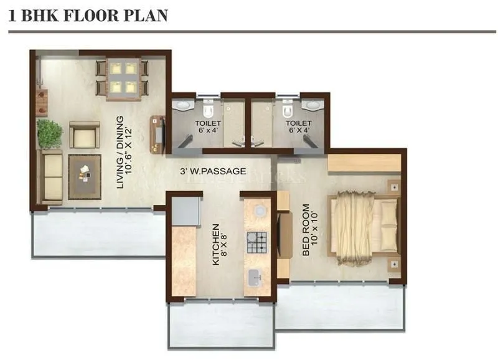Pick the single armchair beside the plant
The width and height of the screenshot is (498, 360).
coord(83,135)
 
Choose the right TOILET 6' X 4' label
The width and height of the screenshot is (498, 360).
coord(298,127)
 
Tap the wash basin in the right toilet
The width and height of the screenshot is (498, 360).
coord(312,105)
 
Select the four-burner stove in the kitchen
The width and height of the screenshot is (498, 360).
coord(256,243)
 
